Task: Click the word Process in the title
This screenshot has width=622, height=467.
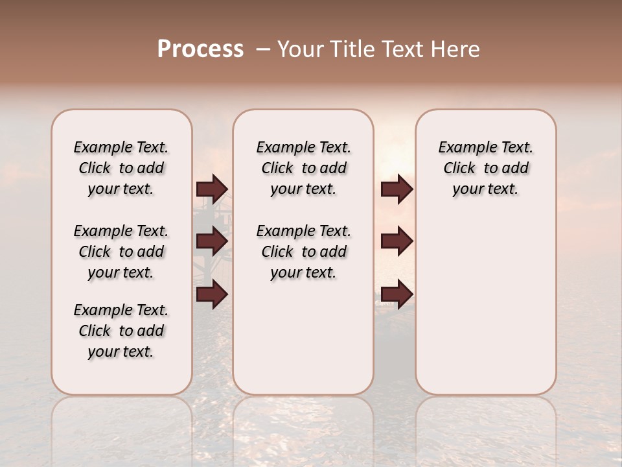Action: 200,49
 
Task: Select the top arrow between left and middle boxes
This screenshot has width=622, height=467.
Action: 212,189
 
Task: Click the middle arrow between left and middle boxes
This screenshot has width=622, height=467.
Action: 212,241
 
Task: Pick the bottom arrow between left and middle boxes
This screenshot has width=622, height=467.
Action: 212,294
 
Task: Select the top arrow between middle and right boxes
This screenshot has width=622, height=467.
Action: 397,189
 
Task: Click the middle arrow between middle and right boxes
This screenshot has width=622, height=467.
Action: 397,241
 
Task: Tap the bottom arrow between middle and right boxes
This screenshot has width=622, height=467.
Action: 397,294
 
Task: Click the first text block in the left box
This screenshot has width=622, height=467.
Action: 121,168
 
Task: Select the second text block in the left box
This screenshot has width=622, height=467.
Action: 121,252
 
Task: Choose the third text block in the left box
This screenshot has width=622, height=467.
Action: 121,331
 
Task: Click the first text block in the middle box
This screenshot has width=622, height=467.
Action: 303,168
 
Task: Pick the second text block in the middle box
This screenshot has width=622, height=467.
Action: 303,252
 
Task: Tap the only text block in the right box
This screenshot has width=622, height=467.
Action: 485,168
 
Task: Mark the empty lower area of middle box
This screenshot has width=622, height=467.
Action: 303,337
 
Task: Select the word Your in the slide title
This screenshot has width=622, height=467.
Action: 301,49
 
